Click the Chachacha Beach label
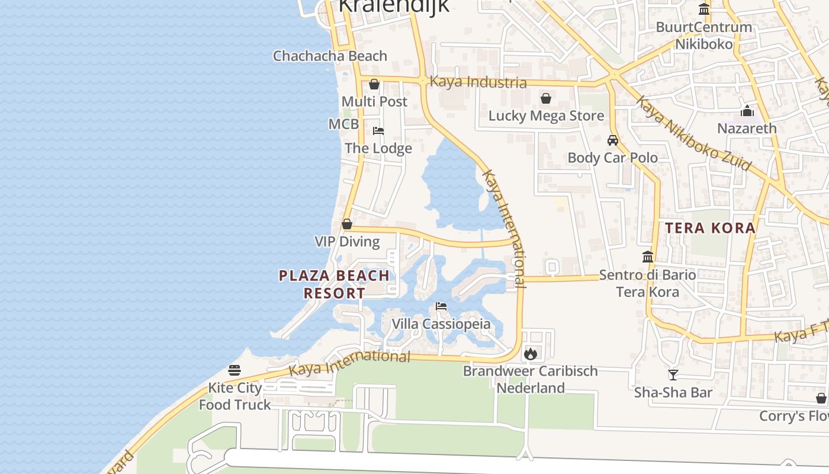(330, 56)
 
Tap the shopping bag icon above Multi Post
(374, 84)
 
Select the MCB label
(343, 124)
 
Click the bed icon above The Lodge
(378, 131)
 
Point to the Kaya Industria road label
(478, 82)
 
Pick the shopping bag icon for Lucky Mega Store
(546, 98)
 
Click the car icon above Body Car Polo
(613, 140)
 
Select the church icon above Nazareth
(747, 111)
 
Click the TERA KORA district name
(710, 228)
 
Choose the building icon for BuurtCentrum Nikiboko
(704, 9)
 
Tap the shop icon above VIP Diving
(347, 225)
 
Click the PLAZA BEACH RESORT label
(335, 284)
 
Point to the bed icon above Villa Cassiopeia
(441, 306)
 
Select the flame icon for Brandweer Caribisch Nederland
(530, 354)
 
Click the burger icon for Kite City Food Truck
(234, 371)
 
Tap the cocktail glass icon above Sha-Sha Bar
(673, 374)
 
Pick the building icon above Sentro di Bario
(648, 257)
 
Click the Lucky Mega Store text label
(546, 116)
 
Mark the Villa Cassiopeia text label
(441, 324)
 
